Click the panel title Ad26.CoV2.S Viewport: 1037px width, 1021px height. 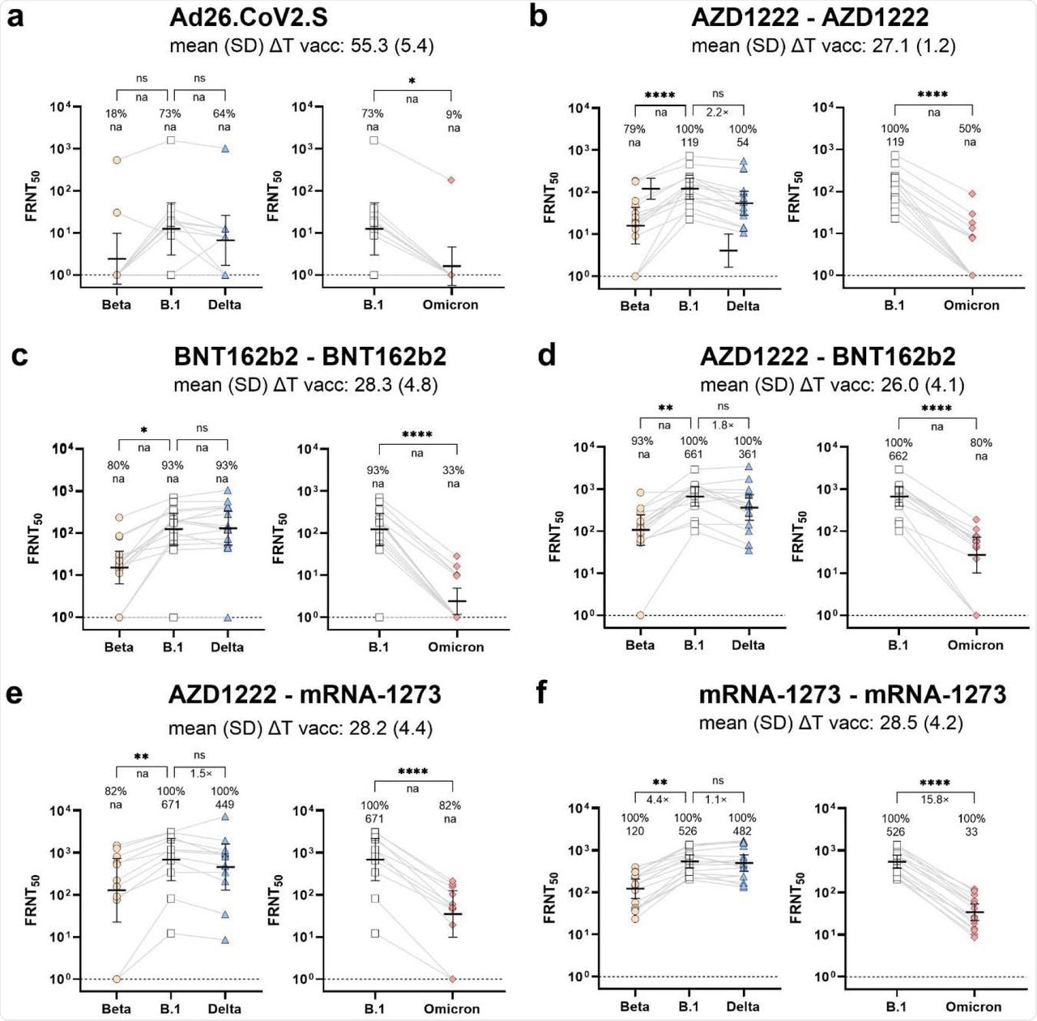249,18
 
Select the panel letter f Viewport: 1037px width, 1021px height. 542,694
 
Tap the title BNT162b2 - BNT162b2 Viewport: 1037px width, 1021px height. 309,357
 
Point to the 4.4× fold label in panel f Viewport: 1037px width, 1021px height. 660,799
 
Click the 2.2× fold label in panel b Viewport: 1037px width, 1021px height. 717,112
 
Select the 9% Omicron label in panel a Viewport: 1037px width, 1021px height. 454,114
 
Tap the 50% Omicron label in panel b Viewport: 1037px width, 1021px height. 970,128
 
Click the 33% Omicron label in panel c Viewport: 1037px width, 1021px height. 453,470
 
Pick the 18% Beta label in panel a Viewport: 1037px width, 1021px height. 116,113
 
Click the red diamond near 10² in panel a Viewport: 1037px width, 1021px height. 450,180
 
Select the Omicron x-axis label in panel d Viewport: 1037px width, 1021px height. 975,645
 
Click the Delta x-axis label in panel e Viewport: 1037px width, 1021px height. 224,1009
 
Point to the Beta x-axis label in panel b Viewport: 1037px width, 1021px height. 634,305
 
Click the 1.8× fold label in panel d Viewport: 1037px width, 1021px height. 722,425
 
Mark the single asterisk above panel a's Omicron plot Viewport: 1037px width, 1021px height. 412,81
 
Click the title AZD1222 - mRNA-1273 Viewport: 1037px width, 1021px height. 305,694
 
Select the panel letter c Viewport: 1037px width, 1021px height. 19,357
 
